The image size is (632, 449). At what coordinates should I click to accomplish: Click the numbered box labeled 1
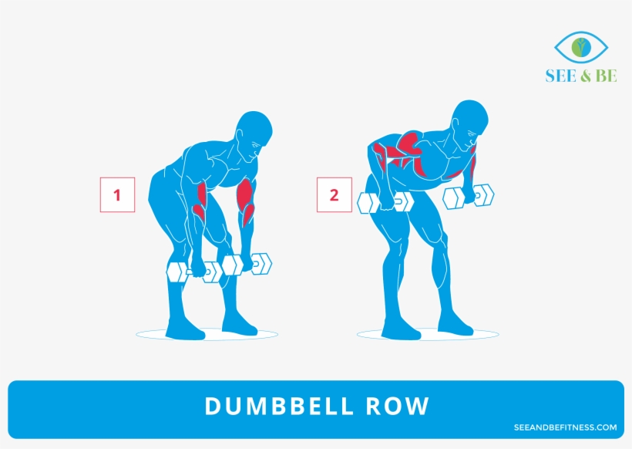coord(117,195)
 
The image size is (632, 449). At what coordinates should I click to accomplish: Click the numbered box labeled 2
coord(334,195)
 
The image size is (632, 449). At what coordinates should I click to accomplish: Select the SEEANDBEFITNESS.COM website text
coord(565,427)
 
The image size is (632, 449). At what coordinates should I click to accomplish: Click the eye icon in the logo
coord(580,48)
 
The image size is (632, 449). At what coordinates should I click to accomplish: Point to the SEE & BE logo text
coord(580,76)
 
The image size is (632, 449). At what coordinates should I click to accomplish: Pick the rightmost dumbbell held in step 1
coord(247,265)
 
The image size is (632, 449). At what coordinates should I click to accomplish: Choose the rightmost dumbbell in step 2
coord(469,196)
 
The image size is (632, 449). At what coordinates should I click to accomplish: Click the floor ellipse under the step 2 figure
coord(428,335)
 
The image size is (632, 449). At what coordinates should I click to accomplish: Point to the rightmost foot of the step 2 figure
coord(458,326)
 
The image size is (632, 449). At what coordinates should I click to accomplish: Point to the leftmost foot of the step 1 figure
coord(186,330)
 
